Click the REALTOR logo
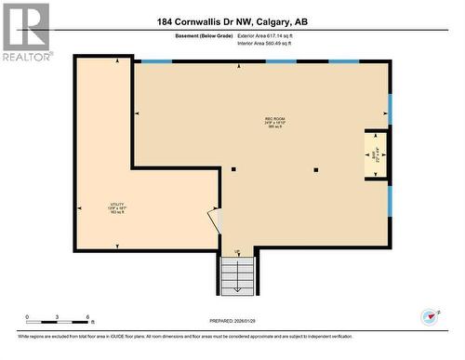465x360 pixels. [25, 32]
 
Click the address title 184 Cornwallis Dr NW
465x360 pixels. [232, 20]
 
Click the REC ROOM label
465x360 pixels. [274, 121]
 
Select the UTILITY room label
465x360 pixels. [116, 207]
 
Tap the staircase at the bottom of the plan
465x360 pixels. [237, 275]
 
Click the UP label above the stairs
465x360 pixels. [237, 252]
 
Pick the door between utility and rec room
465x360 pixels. [216, 220]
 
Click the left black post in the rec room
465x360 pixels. [233, 169]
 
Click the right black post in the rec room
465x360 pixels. [316, 169]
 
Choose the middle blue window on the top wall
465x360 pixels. [281, 61]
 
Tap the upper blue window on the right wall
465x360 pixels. [391, 109]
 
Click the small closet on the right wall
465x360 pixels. [376, 154]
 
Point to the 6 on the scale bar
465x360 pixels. [88, 318]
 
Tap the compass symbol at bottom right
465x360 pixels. [430, 317]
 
